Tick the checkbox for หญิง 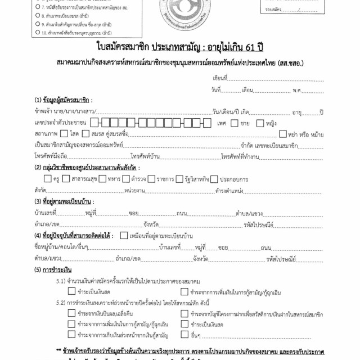(x=260, y=123)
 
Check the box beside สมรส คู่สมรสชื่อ (x=85, y=134)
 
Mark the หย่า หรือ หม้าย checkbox (x=283, y=134)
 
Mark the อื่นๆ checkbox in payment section (x=184, y=335)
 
